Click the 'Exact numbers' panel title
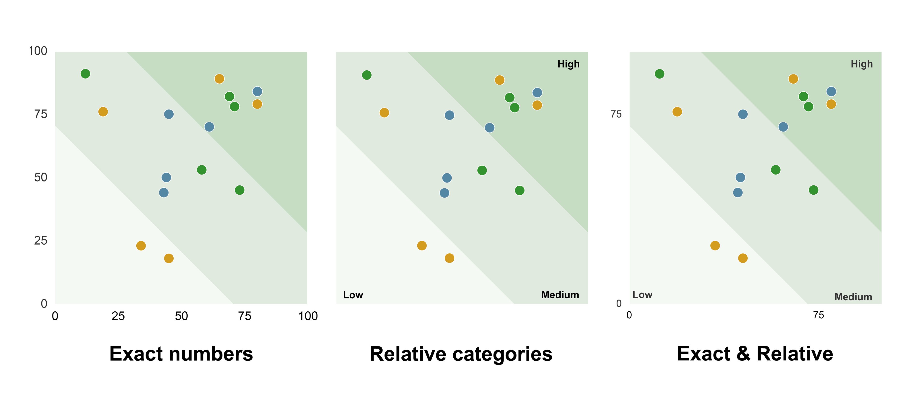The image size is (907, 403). pyautogui.click(x=181, y=354)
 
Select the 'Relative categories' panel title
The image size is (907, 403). pyautogui.click(x=461, y=354)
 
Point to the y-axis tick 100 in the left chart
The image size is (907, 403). pyautogui.click(x=38, y=51)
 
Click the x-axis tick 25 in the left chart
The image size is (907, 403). pyautogui.click(x=118, y=316)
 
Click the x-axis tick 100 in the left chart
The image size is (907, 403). pyautogui.click(x=308, y=316)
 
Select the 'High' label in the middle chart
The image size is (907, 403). pyautogui.click(x=568, y=64)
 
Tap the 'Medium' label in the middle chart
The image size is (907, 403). pyautogui.click(x=560, y=295)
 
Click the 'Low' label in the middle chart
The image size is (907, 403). pyautogui.click(x=353, y=295)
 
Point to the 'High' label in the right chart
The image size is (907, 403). pyautogui.click(x=862, y=64)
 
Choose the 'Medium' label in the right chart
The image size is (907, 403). pyautogui.click(x=853, y=297)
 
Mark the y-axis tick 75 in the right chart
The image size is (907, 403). pyautogui.click(x=616, y=114)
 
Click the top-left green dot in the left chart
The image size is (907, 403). pyautogui.click(x=85, y=73)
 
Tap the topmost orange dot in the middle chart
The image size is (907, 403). pyautogui.click(x=499, y=80)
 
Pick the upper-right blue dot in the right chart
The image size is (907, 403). pyautogui.click(x=831, y=92)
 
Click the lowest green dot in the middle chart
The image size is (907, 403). pyautogui.click(x=519, y=191)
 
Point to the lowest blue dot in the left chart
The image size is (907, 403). pyautogui.click(x=164, y=192)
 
